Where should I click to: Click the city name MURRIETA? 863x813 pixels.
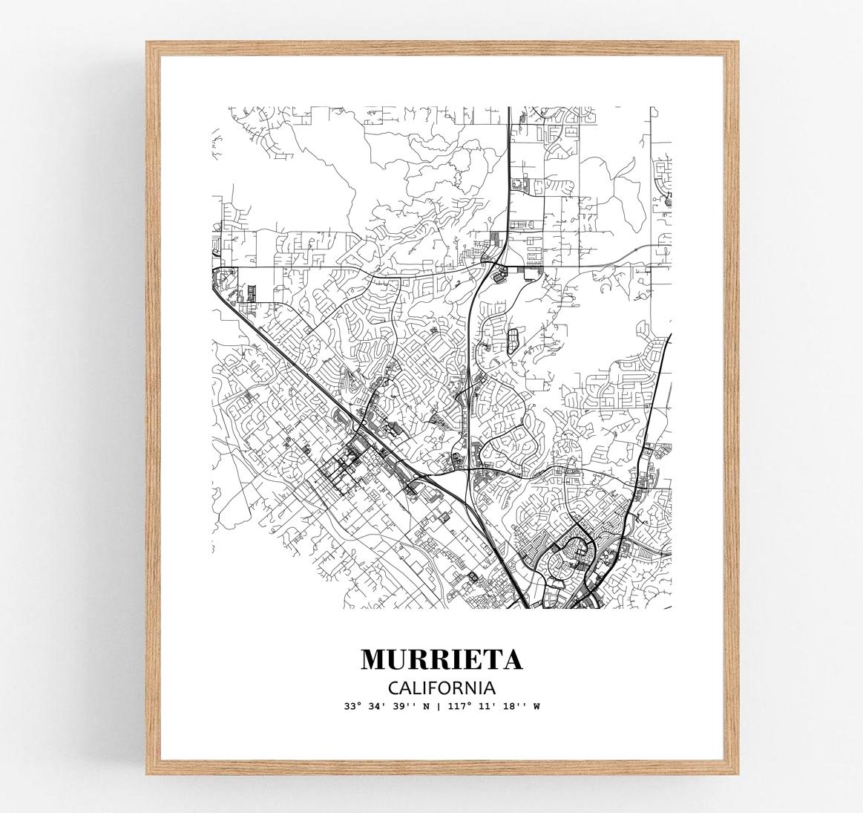click(442, 659)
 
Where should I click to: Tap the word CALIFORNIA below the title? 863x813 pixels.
click(442, 687)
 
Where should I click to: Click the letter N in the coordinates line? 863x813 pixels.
click(428, 706)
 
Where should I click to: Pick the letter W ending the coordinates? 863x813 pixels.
click(536, 706)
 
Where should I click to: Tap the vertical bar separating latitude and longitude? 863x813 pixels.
click(439, 706)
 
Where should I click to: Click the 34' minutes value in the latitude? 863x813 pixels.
click(377, 706)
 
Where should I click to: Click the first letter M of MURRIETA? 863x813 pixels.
click(374, 659)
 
